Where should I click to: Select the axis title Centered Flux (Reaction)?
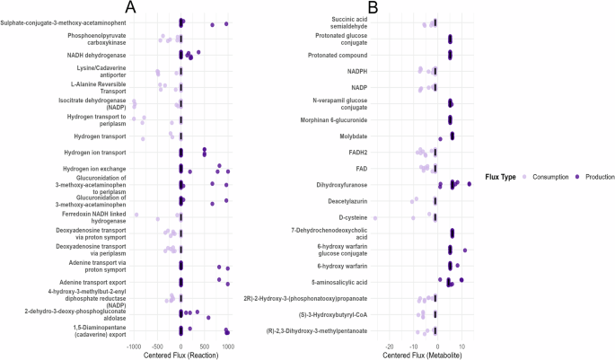tap(180, 356)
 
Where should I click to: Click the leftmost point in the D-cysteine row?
tap(375, 218)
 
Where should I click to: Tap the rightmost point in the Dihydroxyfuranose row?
tap(469, 183)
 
